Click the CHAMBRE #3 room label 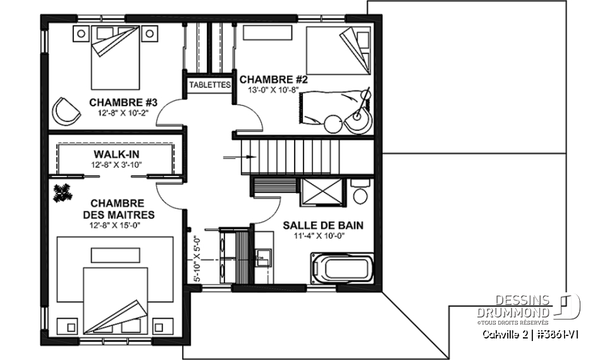tap(123, 102)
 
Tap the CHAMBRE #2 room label tap(273, 80)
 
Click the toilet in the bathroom tap(361, 193)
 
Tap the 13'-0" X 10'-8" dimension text tap(273, 90)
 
